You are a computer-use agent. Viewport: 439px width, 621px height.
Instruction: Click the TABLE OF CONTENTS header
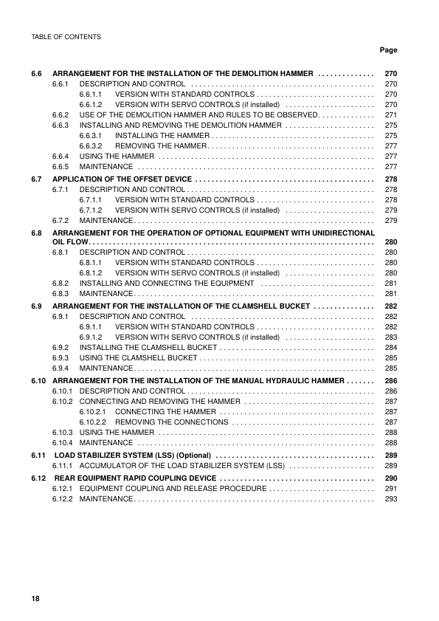66,36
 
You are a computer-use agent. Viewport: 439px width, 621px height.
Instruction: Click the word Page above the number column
388,50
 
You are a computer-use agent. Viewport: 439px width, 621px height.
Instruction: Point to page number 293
391,499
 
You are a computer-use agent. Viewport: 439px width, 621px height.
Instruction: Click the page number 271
391,116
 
